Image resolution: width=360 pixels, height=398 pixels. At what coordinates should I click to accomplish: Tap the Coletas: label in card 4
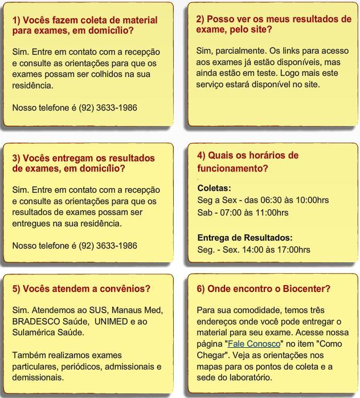pos(214,188)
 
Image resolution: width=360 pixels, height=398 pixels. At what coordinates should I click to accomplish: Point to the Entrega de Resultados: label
pos(245,237)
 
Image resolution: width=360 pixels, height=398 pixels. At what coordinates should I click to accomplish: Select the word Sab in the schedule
pos(204,213)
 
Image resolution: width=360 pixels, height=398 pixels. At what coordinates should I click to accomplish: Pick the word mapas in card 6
pos(210,366)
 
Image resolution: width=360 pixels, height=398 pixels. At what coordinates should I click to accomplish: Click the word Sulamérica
pos(36,332)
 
